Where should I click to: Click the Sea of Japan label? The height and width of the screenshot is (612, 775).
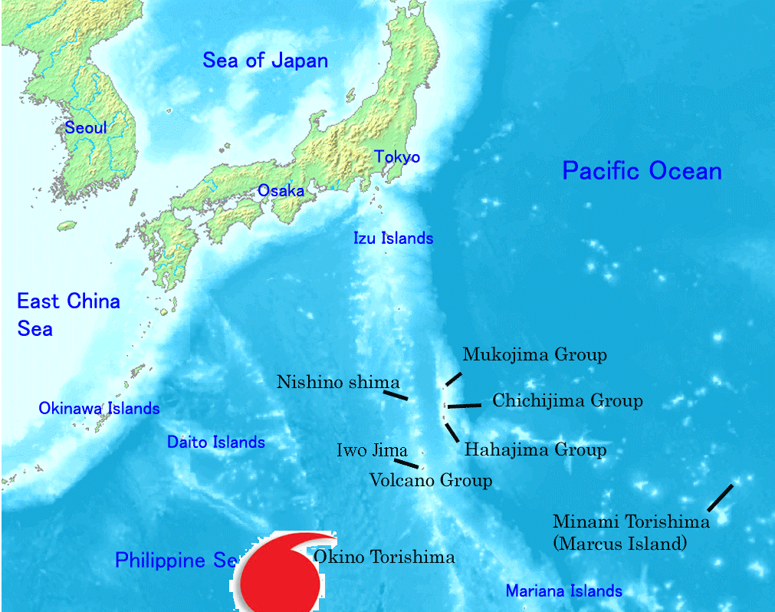point(265,61)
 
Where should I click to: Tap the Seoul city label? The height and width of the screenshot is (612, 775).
point(85,128)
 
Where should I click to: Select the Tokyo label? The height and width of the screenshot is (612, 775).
point(397,157)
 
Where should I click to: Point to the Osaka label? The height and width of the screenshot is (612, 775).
point(281,191)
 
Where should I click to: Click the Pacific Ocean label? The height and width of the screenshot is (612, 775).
point(642,170)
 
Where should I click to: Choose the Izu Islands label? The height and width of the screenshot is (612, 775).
point(393,239)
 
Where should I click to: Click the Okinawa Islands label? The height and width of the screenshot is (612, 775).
point(99,409)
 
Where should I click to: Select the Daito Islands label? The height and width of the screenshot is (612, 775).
point(216,443)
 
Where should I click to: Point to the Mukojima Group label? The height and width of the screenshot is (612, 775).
point(534,355)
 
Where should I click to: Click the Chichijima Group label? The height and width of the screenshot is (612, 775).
point(567,400)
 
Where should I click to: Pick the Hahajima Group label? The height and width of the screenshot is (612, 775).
point(535,450)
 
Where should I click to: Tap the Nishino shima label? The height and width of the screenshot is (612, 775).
point(338,382)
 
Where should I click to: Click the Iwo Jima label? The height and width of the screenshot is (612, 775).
point(372,451)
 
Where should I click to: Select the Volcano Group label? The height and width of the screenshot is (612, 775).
point(430,481)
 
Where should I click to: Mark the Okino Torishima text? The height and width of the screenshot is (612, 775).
point(384,558)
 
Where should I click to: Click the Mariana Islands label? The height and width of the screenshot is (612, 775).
point(563,591)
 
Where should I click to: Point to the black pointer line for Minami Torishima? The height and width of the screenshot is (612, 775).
point(720,498)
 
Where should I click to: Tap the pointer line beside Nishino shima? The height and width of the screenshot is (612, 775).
point(396,395)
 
